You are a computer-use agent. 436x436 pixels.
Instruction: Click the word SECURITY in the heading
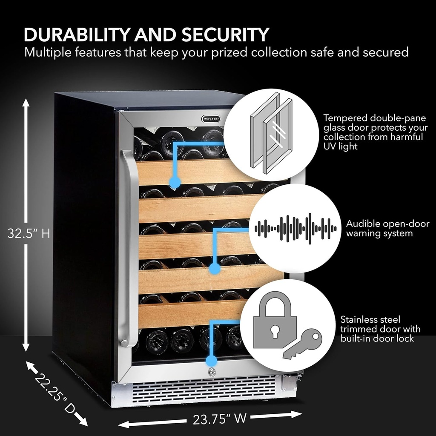coord(226,34)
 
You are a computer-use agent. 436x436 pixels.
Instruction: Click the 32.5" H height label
coord(29,233)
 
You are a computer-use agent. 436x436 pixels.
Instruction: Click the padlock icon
coord(275,319)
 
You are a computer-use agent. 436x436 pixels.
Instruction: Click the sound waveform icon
coord(295,228)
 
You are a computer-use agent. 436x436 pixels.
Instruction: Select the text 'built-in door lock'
coord(377,339)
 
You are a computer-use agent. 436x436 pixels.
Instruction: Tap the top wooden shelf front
coord(192,172)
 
